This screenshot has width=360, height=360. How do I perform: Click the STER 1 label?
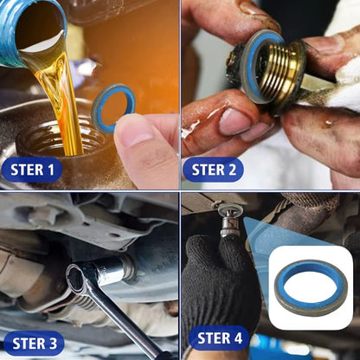tap(32, 170)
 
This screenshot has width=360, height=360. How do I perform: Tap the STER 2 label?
tap(214, 170)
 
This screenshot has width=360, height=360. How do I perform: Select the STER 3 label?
tap(35, 344)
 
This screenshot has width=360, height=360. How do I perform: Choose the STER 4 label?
tap(219, 337)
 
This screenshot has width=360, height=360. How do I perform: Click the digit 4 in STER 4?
tap(238, 338)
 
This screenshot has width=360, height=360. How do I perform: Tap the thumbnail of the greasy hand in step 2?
tap(231, 119)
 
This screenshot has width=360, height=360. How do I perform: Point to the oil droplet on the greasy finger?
tap(327, 123)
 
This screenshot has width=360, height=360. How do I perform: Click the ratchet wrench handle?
tap(121, 318)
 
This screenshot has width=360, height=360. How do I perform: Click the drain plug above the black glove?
tap(228, 220)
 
